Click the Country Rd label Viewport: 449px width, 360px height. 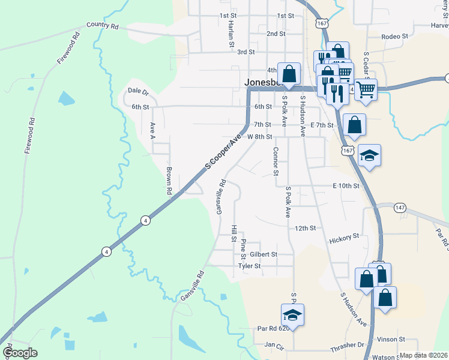pos(103,26)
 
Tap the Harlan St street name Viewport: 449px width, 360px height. pos(231,34)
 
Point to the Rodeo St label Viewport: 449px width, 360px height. pos(395,36)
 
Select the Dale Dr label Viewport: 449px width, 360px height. pos(138,91)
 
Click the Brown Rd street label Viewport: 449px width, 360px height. pos(169,181)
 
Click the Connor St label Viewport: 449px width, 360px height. pos(276,161)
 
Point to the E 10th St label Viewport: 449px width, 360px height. pos(346,186)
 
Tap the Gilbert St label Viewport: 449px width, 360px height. pos(264,254)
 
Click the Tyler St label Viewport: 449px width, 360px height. pos(250,266)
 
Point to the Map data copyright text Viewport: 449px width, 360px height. pos(423,355)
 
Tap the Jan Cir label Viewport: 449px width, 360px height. pos(273,345)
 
